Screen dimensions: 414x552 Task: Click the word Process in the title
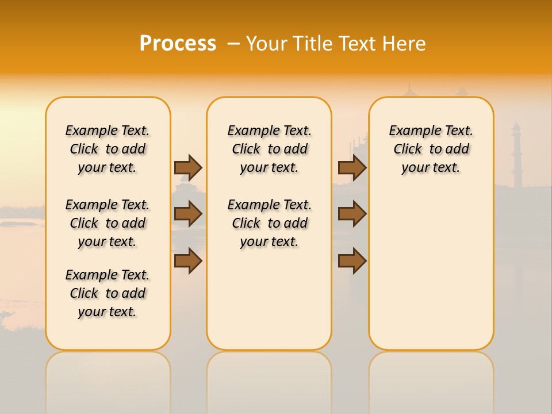point(178,44)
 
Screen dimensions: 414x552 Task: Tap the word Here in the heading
point(405,44)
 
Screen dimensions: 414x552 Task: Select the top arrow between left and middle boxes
point(188,167)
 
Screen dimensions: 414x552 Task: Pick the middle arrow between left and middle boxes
point(188,214)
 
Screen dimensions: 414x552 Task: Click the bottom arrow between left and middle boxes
point(188,261)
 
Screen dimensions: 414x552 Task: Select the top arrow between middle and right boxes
point(352,167)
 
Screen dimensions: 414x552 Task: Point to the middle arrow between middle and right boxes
point(352,214)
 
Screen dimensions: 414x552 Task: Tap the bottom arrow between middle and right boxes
point(352,261)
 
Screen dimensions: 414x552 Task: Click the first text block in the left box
point(108,149)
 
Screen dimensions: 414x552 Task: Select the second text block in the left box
point(108,223)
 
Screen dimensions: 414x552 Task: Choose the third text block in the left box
point(108,293)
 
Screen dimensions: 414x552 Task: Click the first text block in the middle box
point(269,149)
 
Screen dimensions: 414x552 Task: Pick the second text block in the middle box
point(269,223)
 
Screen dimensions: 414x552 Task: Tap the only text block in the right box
point(431,149)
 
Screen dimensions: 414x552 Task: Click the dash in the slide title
point(233,44)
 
